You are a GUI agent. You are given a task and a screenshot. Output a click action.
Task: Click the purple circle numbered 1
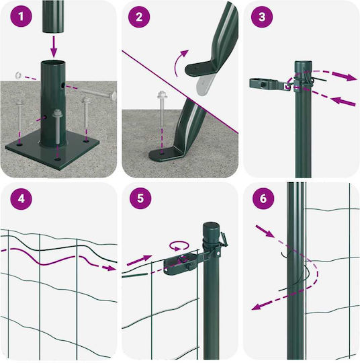pos(21,17)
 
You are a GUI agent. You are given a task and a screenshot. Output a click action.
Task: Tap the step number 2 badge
pos(139,17)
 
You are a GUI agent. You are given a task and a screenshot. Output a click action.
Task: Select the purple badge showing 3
pos(262,17)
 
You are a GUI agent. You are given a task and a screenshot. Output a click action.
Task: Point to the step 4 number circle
pos(21,198)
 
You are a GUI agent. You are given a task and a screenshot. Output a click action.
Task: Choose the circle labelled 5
pos(140,198)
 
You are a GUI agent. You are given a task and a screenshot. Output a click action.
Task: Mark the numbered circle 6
pos(263,198)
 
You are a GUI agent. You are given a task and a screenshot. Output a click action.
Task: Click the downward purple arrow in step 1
pos(54,46)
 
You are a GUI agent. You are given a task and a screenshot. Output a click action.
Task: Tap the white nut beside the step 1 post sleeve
pos(18,75)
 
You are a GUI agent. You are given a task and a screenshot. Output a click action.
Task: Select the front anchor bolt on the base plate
pos(56,126)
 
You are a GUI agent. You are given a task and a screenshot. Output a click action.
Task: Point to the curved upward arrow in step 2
pos(180,62)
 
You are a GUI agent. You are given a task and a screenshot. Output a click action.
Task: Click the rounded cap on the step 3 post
pos(303,64)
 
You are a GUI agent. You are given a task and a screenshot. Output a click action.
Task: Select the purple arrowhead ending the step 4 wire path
pos(109,268)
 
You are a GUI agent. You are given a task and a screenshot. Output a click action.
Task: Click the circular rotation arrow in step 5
pos(179,246)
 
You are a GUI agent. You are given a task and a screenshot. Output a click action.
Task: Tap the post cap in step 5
pos(211,229)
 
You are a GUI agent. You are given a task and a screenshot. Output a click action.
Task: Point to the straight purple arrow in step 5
pos(140,260)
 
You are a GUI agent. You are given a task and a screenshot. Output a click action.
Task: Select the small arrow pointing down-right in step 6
pos(265,231)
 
